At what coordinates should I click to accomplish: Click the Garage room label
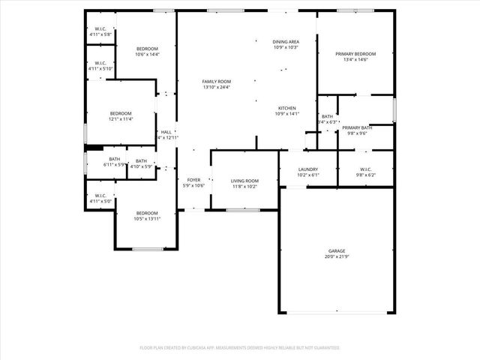click(x=335, y=250)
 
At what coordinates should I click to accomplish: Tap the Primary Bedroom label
click(x=355, y=54)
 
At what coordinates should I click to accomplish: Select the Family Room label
click(x=216, y=81)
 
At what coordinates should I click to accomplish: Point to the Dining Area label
click(x=286, y=41)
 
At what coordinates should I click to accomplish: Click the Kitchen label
click(x=286, y=108)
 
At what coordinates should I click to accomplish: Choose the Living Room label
click(x=244, y=181)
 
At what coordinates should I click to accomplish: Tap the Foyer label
click(x=194, y=181)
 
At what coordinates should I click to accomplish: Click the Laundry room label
click(x=308, y=169)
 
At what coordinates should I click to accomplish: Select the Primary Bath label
click(x=357, y=128)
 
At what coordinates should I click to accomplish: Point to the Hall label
click(x=166, y=132)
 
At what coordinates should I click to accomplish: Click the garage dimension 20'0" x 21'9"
click(x=335, y=256)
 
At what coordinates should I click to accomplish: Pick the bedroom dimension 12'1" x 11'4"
click(x=121, y=118)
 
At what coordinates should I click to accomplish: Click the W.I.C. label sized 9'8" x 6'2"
click(x=366, y=169)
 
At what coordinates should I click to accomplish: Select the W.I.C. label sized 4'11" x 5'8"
click(x=100, y=29)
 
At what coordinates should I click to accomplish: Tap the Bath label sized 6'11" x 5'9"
click(x=114, y=159)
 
